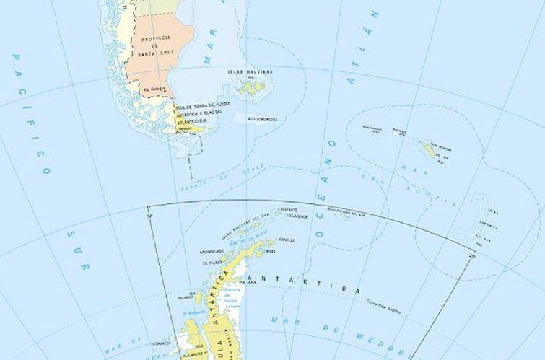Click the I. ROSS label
coord(271,252)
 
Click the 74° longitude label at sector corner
coord(150,214)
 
